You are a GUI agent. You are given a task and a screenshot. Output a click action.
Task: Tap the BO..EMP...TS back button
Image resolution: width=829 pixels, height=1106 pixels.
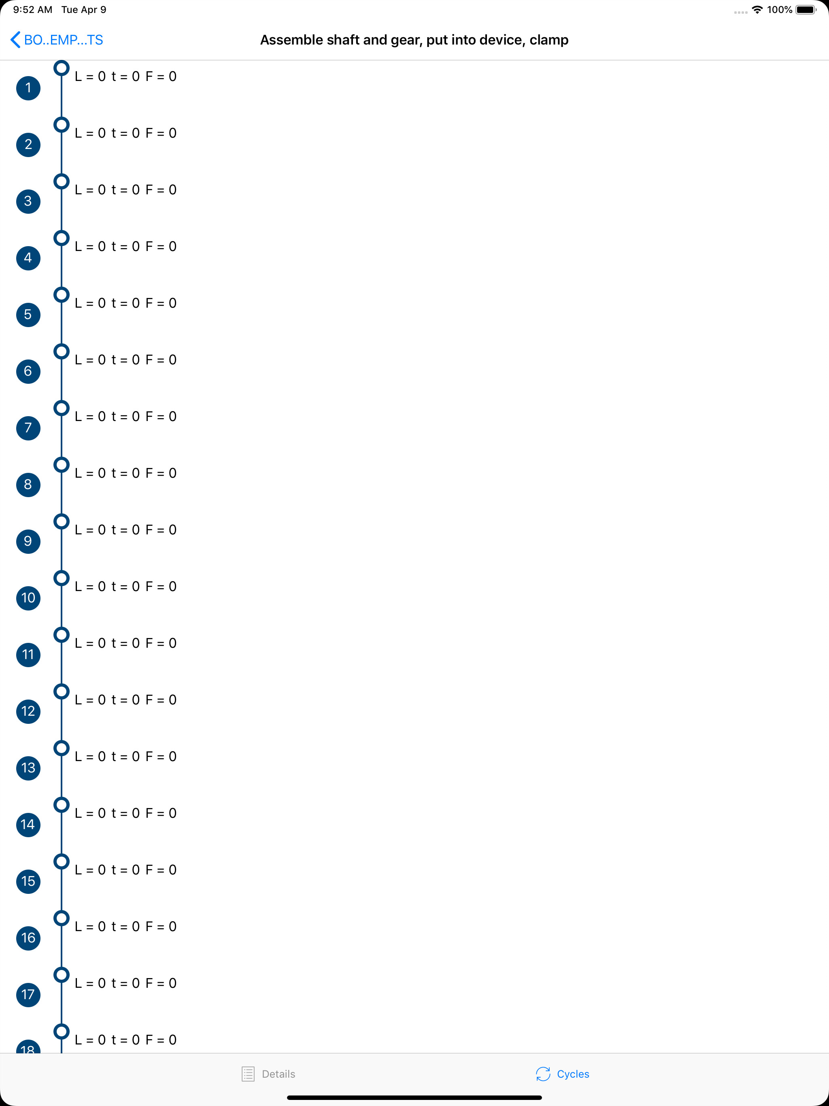click(x=57, y=40)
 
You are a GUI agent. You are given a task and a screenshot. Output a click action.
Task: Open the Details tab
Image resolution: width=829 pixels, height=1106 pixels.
click(x=268, y=1074)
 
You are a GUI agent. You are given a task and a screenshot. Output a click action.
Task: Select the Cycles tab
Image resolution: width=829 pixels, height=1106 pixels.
click(x=563, y=1074)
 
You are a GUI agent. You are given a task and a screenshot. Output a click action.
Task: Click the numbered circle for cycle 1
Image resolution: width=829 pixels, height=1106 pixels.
click(x=28, y=88)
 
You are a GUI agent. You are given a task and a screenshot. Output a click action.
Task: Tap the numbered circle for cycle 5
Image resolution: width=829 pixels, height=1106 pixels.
click(x=28, y=315)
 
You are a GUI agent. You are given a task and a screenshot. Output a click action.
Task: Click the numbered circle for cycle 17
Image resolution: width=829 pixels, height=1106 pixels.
click(x=28, y=995)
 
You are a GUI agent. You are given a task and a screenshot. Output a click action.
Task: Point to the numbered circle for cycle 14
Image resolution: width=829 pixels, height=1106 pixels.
click(x=28, y=825)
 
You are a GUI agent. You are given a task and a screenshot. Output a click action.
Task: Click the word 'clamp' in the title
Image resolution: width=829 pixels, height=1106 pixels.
click(x=549, y=40)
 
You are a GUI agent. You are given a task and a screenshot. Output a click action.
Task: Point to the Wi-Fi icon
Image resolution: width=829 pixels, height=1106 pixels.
click(x=757, y=9)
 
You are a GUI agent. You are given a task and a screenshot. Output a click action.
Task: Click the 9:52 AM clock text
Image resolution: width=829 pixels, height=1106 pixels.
click(x=32, y=9)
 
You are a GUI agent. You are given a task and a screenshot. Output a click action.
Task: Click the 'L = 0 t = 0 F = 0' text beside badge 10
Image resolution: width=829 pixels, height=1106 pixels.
click(x=125, y=587)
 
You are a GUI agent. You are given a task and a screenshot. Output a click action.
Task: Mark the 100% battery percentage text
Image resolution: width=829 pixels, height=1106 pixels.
click(x=780, y=9)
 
